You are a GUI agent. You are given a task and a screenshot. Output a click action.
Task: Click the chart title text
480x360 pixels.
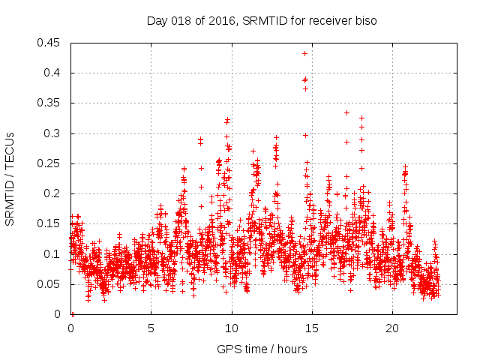(261, 21)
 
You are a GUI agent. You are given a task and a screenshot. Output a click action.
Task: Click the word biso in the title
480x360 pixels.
(365, 21)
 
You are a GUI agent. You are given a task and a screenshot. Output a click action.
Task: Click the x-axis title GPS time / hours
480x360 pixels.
(261, 349)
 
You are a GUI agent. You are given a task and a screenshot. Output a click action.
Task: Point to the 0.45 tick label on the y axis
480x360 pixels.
(50, 43)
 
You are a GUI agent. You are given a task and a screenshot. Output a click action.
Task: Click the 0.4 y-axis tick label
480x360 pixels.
(53, 73)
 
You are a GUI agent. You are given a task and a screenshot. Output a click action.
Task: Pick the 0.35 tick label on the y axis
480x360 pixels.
(50, 103)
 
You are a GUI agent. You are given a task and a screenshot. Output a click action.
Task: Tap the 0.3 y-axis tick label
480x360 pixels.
(53, 133)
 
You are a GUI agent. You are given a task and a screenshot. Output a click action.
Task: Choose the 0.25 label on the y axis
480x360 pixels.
(50, 163)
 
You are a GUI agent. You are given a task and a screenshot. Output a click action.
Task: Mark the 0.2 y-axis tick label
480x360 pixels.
(53, 193)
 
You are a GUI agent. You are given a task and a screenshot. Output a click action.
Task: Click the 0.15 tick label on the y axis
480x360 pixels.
(50, 223)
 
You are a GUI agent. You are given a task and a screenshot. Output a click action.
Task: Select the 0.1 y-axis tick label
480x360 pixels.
(53, 254)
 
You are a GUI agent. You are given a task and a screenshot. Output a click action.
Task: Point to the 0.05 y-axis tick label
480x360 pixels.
(50, 284)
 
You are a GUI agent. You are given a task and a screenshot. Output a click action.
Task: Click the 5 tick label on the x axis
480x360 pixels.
(151, 328)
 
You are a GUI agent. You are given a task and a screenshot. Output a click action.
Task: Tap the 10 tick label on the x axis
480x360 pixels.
(232, 328)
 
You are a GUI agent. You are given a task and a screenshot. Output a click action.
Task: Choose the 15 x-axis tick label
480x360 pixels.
(312, 328)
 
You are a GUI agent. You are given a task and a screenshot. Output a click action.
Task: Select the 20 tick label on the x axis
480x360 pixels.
(392, 328)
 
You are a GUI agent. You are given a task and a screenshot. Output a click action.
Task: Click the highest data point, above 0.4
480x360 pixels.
(304, 53)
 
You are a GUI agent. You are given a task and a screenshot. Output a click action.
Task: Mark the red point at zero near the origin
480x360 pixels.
(73, 313)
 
